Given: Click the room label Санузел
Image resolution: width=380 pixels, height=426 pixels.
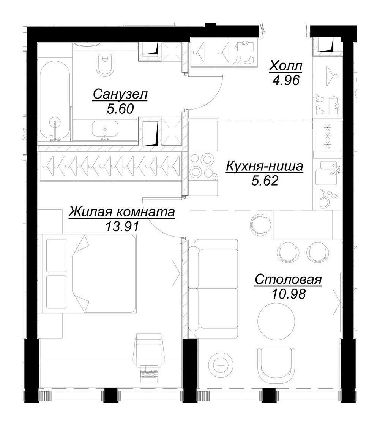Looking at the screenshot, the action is [120, 95].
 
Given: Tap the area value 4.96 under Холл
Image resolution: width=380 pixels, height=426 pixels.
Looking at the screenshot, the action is [286, 80].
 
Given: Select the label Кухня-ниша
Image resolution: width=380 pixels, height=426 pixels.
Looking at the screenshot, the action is [265, 166].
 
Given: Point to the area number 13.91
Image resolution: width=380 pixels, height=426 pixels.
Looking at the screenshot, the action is [122, 226].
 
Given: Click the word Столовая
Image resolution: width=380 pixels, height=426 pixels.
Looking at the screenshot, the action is [288, 280].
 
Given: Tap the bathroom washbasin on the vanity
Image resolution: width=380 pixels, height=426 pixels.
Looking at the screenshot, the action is [105, 129].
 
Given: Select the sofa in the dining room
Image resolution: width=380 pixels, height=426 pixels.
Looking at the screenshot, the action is [213, 288].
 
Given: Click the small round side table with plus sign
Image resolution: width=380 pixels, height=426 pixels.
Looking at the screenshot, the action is [221, 365].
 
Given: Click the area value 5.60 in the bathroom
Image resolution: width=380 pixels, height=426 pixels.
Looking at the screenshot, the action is [120, 109].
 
